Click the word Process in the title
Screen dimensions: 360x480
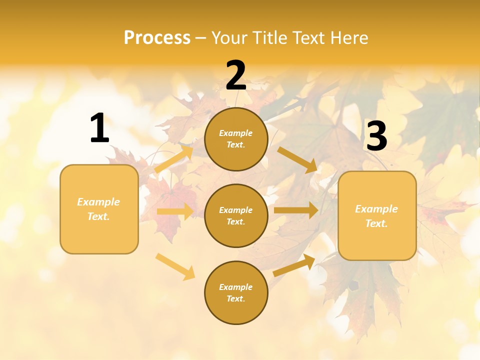[x=157, y=37]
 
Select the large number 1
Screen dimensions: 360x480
[x=99, y=128]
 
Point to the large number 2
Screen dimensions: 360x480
[x=236, y=75]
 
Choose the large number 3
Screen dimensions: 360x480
[x=376, y=136]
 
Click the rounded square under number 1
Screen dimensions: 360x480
[x=99, y=209]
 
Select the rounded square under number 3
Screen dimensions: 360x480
[x=377, y=215]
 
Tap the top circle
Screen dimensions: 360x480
[x=236, y=139]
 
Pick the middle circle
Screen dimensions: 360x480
[x=236, y=215]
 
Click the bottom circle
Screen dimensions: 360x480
[x=236, y=292]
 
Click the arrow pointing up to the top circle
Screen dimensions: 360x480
[x=174, y=158]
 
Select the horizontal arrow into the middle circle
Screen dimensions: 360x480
[x=175, y=211]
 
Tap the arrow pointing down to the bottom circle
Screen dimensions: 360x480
[x=175, y=266]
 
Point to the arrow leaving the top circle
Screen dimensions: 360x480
[x=297, y=159]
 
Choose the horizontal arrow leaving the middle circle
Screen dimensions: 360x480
[x=296, y=210]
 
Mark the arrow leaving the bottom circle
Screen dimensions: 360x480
[x=294, y=265]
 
